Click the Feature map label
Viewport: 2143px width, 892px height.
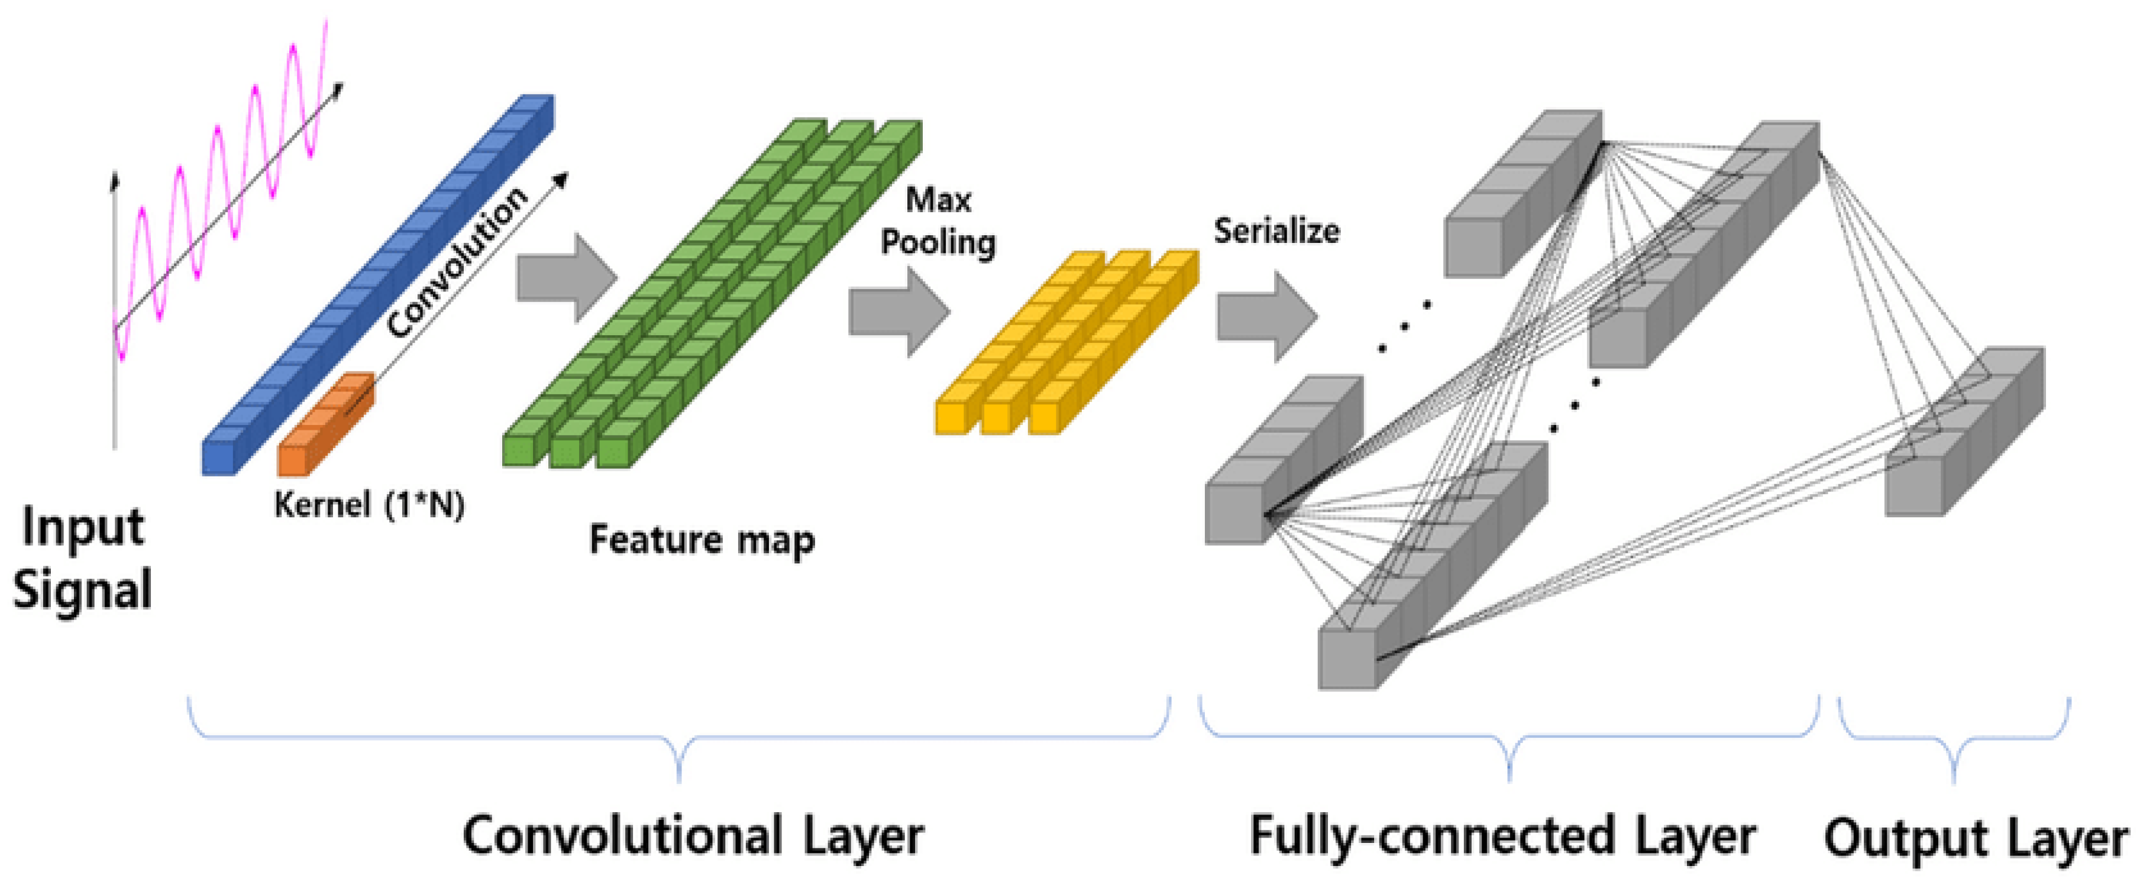[702, 540]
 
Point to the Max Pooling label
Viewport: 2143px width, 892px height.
[938, 221]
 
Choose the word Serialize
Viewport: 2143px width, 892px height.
[1276, 231]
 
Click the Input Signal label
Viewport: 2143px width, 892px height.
[82, 559]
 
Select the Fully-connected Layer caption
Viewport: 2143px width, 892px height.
[1502, 835]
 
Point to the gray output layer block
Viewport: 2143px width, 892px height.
[1963, 432]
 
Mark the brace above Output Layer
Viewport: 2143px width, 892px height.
[1953, 740]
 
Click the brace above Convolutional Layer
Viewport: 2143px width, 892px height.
[680, 740]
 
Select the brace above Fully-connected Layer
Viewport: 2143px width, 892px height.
[1509, 740]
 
